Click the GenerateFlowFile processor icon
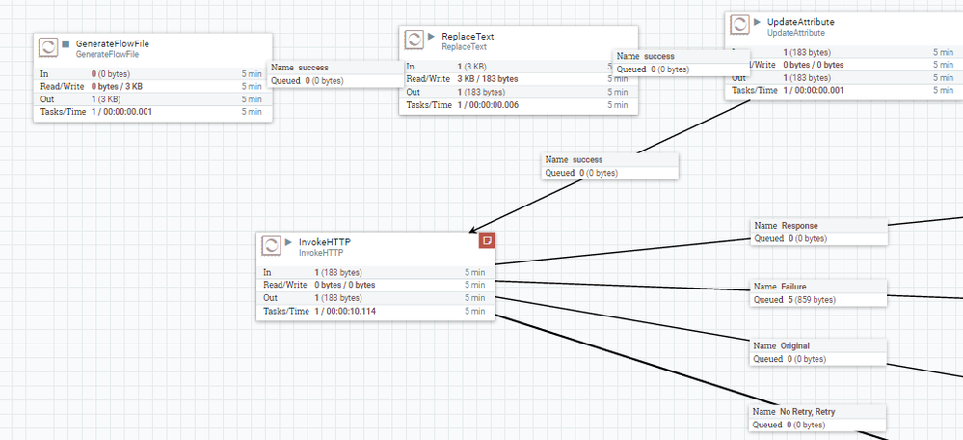[48, 48]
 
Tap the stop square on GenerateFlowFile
[66, 44]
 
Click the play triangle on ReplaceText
[432, 36]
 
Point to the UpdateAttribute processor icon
[740, 25]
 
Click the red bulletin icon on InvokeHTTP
[487, 239]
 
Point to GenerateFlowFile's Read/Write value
[117, 86]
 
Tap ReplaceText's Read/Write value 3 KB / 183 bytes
[488, 79]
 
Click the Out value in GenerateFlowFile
[106, 99]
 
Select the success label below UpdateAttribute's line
[587, 159]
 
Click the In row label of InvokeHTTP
[269, 272]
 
